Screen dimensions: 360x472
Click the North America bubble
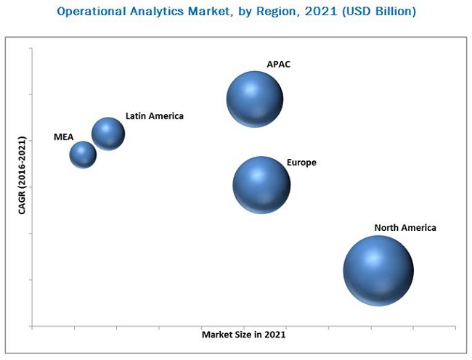(378, 270)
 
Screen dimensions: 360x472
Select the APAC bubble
(254, 99)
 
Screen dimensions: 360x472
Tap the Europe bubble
(261, 184)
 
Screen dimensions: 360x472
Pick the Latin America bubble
(108, 134)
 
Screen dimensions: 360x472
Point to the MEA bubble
(83, 154)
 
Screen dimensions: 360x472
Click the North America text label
(405, 228)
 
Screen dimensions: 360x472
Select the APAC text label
(278, 65)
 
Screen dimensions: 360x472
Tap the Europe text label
(301, 163)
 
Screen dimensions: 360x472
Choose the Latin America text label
(155, 115)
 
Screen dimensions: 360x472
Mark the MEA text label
(63, 136)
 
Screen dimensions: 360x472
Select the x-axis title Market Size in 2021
(243, 335)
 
